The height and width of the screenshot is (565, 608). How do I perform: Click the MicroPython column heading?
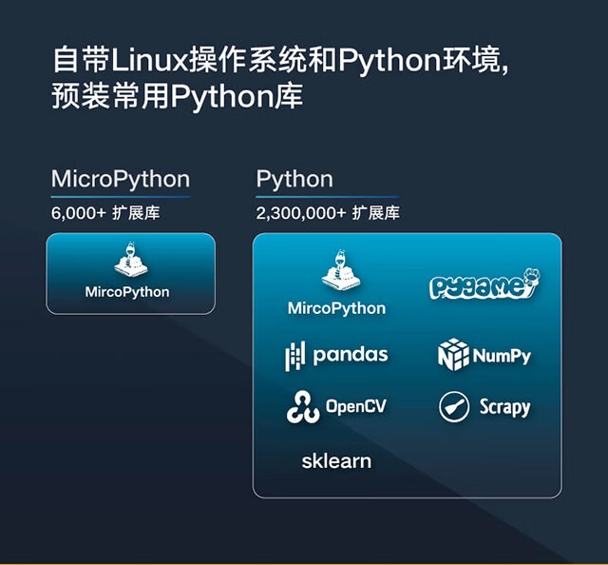click(x=121, y=179)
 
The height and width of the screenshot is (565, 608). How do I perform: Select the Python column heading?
click(x=294, y=179)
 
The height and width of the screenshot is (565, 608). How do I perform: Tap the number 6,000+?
click(x=79, y=212)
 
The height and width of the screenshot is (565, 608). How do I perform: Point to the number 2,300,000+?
click(x=299, y=212)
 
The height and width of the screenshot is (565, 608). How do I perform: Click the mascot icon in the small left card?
click(x=127, y=262)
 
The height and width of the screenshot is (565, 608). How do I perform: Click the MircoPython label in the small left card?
click(x=127, y=292)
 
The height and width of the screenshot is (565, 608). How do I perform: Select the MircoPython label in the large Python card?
click(x=336, y=308)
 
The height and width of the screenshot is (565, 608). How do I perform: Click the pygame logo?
click(x=484, y=285)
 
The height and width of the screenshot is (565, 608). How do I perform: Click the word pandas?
click(x=351, y=355)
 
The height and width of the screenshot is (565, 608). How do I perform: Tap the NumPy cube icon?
click(x=453, y=355)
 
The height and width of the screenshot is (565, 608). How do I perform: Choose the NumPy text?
click(x=503, y=357)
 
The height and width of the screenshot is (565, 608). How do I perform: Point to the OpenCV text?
click(x=356, y=407)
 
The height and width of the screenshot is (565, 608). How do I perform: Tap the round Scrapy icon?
click(x=454, y=407)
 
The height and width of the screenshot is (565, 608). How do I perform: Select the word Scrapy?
click(x=504, y=408)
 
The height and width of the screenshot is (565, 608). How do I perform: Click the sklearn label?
click(x=336, y=461)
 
